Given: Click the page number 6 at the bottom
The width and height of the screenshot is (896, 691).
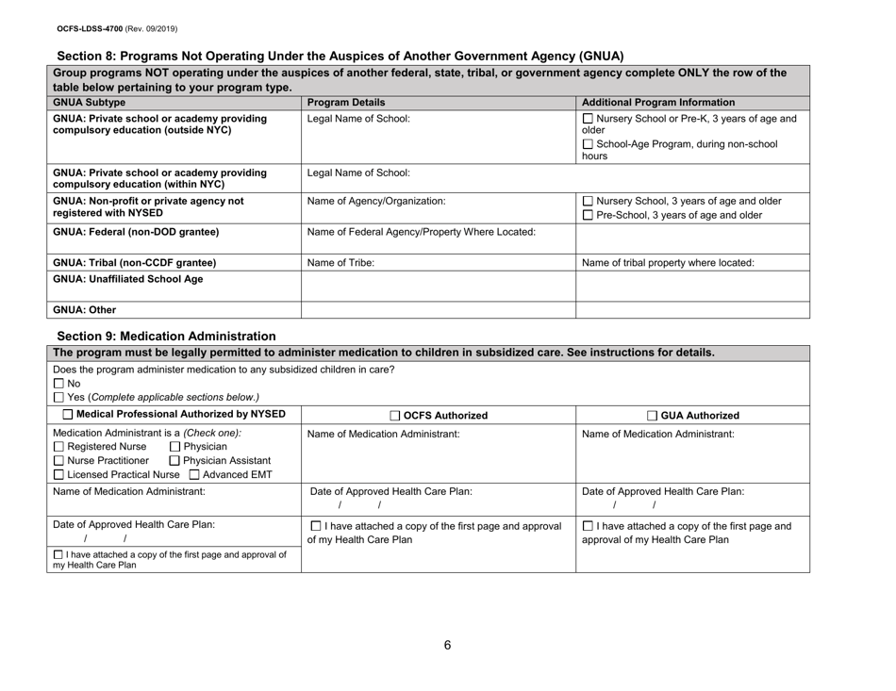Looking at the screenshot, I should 448,645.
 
